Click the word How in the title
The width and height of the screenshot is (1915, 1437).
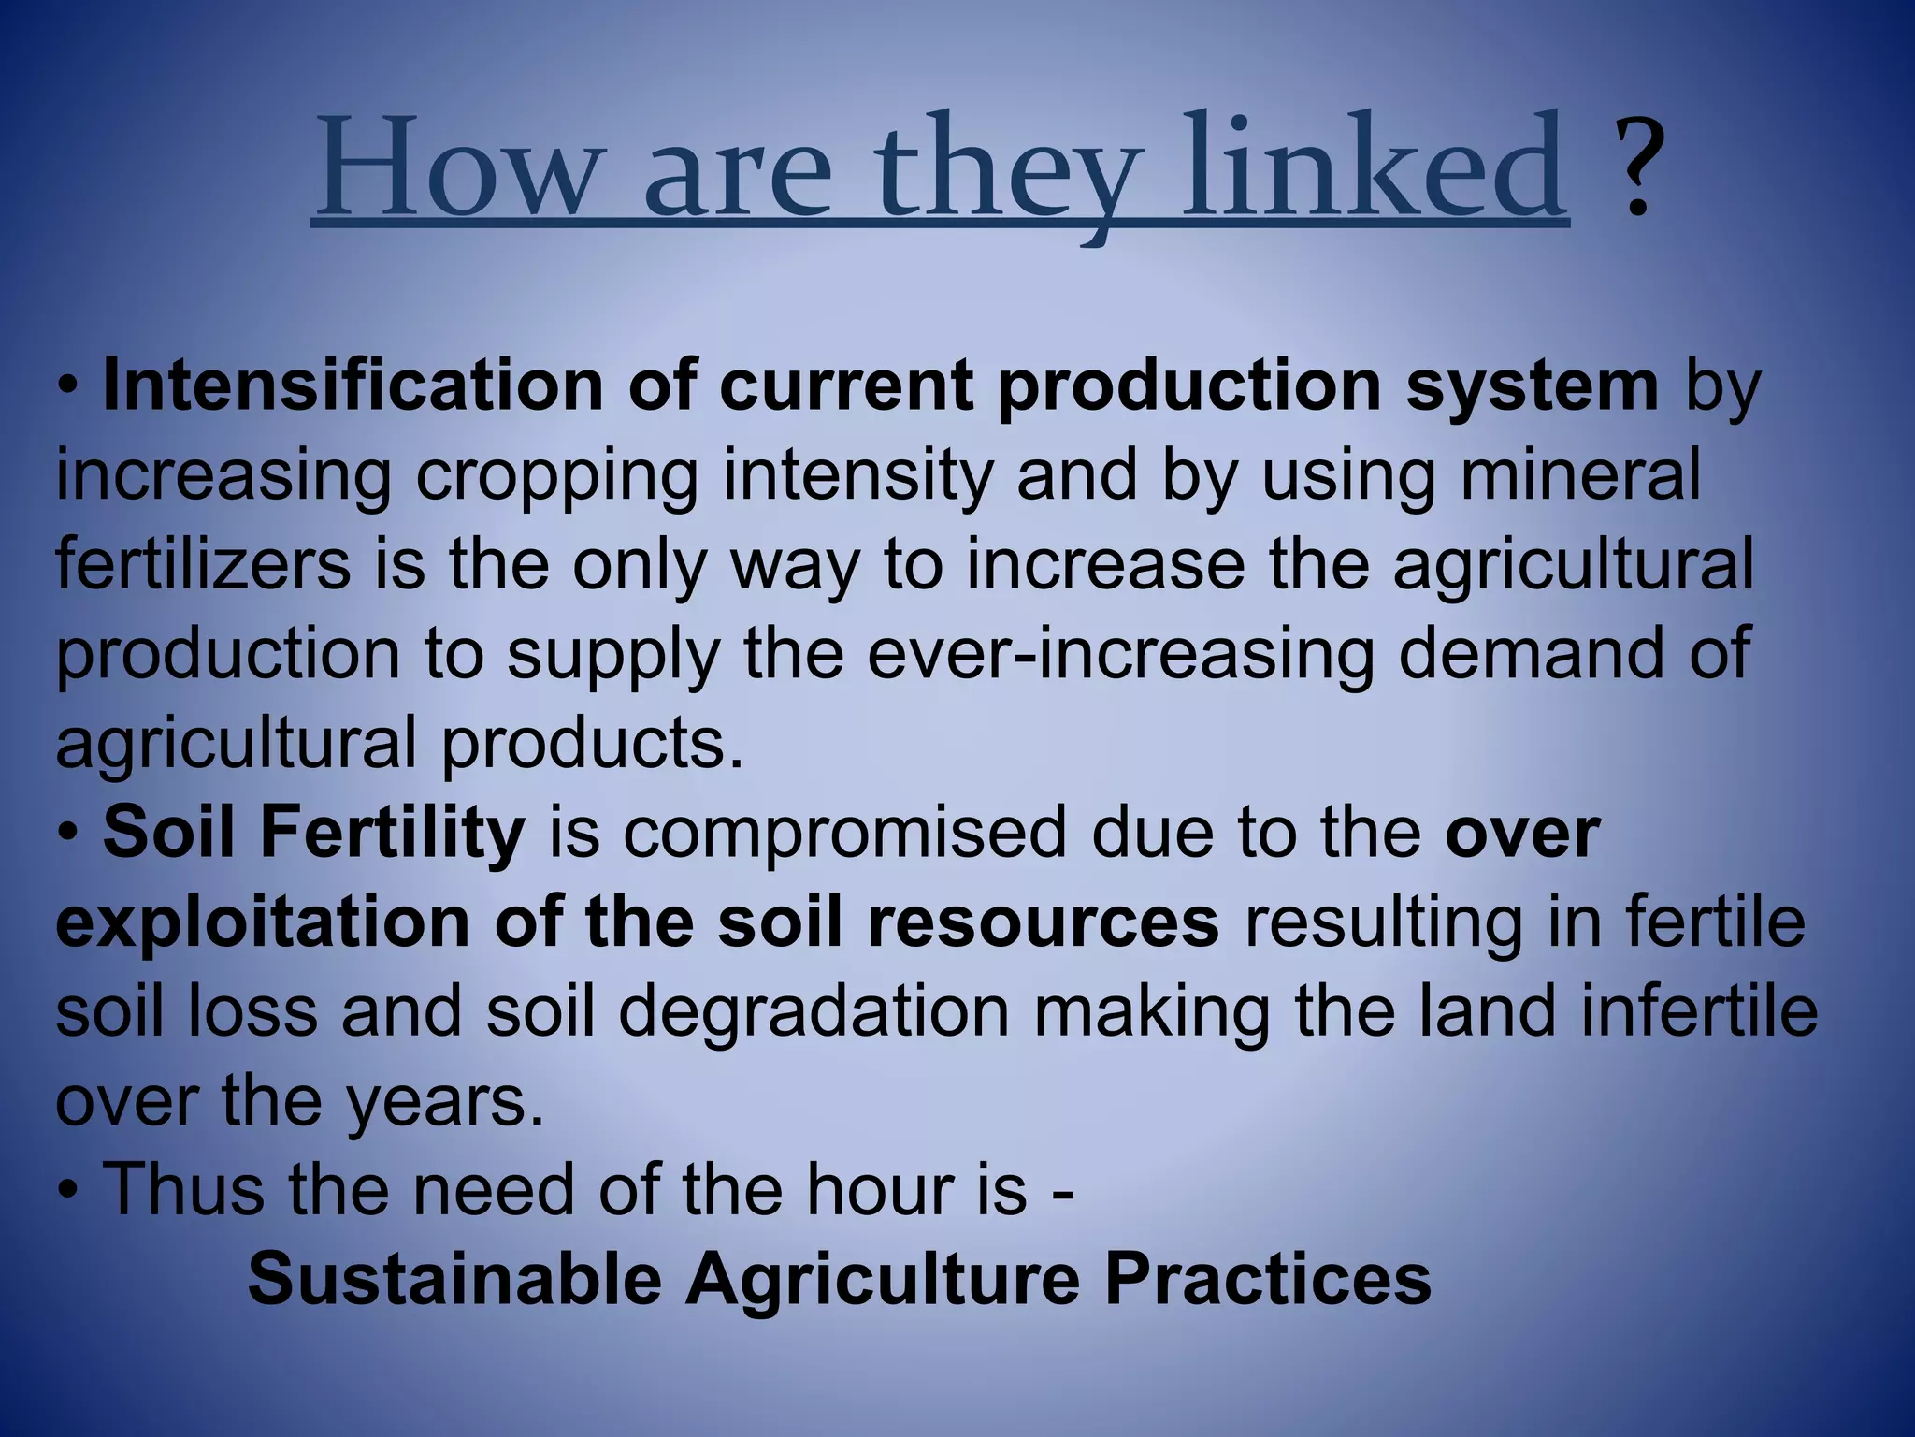click(454, 168)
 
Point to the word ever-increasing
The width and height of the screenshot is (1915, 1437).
click(1120, 655)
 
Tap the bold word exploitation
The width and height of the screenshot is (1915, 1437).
click(263, 923)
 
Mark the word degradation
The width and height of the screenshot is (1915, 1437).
click(814, 1013)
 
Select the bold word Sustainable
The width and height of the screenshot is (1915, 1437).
click(454, 1279)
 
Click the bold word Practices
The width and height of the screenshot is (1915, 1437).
click(1267, 1279)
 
